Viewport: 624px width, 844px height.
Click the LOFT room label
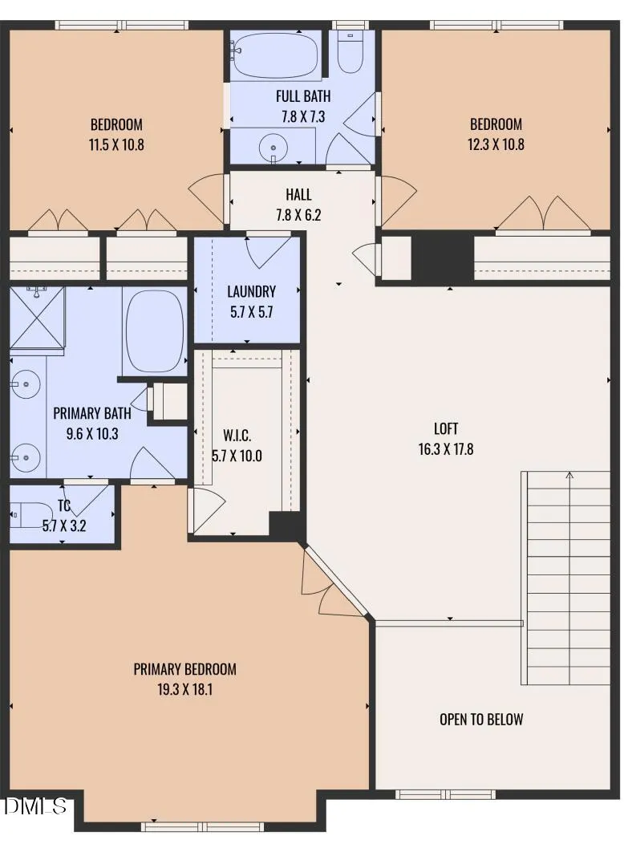tap(445, 428)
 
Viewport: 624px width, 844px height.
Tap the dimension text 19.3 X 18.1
tap(185, 689)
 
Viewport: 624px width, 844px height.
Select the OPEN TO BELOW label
tap(481, 719)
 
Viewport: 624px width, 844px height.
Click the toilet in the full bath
tap(350, 51)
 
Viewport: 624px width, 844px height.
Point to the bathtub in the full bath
tap(277, 55)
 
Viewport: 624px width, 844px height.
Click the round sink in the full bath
tap(274, 147)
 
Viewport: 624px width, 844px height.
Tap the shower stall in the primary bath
tap(37, 318)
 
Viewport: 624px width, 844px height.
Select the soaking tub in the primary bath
tap(154, 331)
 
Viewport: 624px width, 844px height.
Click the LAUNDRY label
tap(251, 292)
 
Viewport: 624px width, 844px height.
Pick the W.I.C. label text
tap(237, 436)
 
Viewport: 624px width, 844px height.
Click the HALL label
tap(298, 194)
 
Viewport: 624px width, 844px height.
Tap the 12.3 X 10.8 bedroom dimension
tap(496, 144)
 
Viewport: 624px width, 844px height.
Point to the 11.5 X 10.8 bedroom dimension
tap(116, 144)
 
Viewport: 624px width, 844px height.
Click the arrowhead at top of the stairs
tap(569, 475)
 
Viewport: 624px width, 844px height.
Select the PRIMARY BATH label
tap(92, 413)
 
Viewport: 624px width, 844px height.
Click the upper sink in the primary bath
tap(25, 384)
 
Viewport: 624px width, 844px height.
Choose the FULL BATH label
tap(303, 96)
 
